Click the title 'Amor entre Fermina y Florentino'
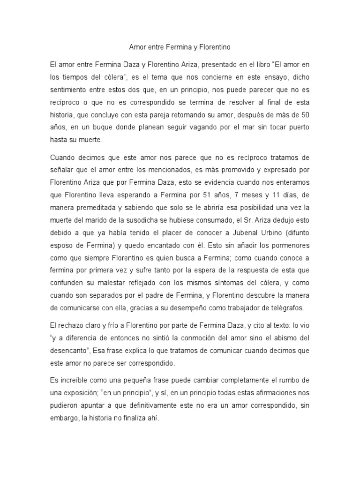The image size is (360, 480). click(x=180, y=47)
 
